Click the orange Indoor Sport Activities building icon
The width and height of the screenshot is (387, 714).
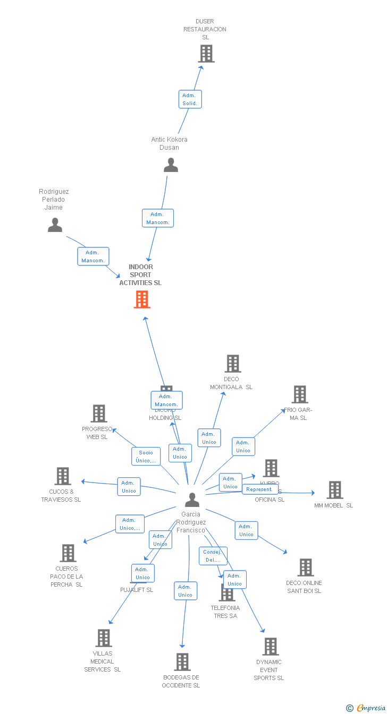[x=141, y=299]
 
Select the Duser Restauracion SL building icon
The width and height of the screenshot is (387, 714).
[x=206, y=54]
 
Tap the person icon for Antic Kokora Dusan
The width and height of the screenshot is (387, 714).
[x=171, y=165]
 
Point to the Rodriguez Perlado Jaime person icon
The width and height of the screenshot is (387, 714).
[x=55, y=225]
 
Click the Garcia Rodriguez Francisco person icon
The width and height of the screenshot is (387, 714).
[x=192, y=500]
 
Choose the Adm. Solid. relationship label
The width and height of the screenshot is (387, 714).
[x=190, y=99]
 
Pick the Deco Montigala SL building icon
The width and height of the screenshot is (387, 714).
[x=233, y=364]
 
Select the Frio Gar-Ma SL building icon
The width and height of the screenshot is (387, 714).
[x=300, y=394]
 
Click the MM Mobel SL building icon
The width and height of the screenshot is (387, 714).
[x=335, y=489]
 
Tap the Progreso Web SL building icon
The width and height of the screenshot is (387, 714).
[x=99, y=414]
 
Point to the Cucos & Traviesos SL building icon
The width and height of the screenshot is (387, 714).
[x=63, y=476]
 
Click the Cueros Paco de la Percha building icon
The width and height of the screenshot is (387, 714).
[x=68, y=553]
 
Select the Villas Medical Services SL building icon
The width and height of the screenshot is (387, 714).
[x=104, y=638]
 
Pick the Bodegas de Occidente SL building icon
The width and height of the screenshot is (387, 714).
[x=182, y=662]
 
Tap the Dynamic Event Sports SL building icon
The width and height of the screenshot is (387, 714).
[x=271, y=647]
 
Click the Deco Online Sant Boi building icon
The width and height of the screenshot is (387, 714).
[x=306, y=567]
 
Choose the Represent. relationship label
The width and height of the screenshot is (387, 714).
[x=260, y=489]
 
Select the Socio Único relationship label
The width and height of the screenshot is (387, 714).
[x=146, y=457]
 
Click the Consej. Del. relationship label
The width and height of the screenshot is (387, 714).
[x=213, y=556]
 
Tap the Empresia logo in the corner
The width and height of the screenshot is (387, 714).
[x=366, y=708]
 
